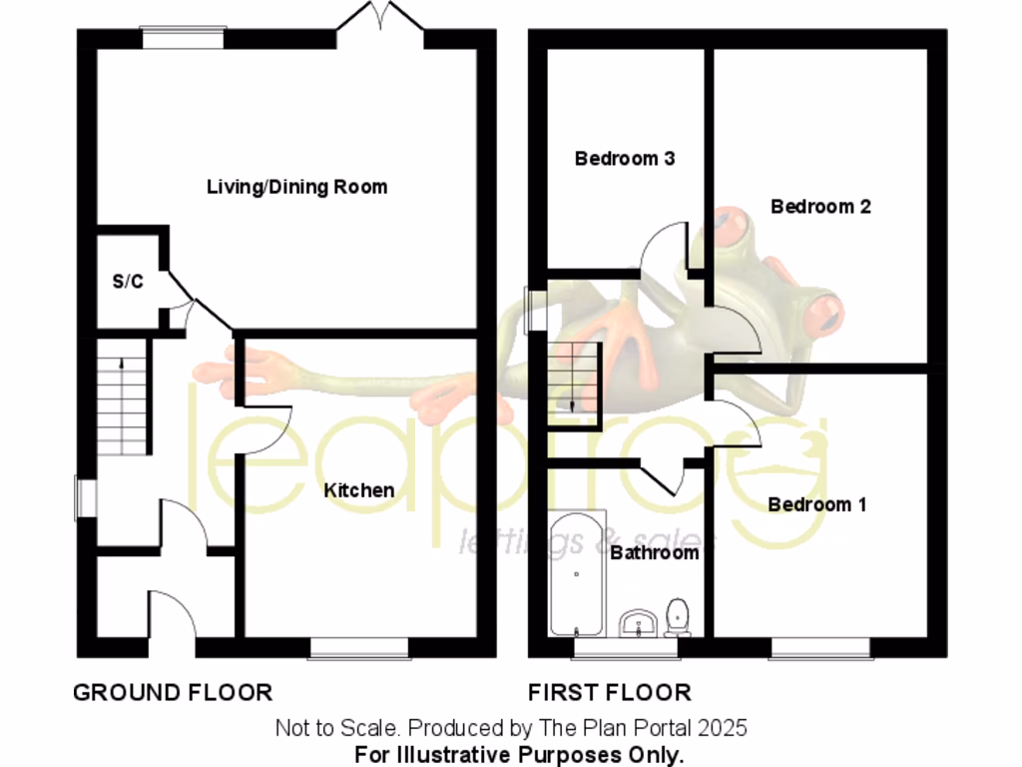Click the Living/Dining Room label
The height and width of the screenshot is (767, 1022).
click(296, 187)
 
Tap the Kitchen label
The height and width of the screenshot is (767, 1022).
click(358, 490)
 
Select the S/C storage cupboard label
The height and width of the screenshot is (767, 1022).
click(127, 282)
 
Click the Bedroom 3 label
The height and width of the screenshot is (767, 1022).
click(625, 158)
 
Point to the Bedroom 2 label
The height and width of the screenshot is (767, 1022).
click(820, 207)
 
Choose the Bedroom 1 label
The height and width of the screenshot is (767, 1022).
click(816, 504)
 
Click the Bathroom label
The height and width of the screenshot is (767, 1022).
click(654, 552)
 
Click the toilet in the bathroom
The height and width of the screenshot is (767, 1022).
click(679, 617)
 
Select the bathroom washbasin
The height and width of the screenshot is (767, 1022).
click(635, 624)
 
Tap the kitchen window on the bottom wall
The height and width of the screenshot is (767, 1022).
click(358, 649)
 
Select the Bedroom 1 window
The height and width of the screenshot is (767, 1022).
click(819, 649)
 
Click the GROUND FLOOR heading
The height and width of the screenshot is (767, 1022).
click(172, 692)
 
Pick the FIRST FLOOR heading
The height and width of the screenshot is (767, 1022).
click(609, 692)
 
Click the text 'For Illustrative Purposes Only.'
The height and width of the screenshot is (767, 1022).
click(519, 753)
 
